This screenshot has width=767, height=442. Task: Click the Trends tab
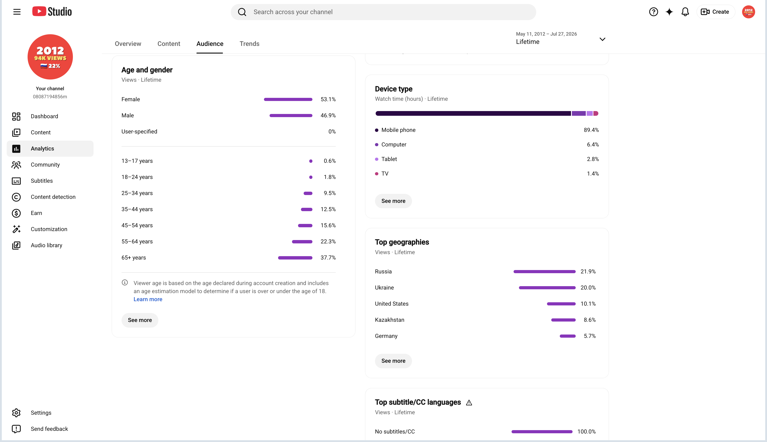[249, 44]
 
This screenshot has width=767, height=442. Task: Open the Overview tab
[128, 44]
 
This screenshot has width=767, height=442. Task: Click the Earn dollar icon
[16, 213]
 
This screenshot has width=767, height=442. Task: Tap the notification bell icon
[685, 12]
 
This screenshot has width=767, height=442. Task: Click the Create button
[715, 12]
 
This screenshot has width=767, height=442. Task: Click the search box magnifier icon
[242, 12]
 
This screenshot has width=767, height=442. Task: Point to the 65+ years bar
[295, 258]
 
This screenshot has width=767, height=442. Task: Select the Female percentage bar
[288, 99]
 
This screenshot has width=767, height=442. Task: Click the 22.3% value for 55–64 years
[328, 241]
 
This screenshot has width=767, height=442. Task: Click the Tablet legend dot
[377, 159]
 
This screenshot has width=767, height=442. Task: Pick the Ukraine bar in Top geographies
[547, 288]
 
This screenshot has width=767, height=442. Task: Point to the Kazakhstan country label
[389, 320]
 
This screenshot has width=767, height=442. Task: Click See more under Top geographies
[393, 361]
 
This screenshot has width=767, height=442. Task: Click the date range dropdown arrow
[602, 39]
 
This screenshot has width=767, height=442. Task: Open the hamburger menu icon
[17, 12]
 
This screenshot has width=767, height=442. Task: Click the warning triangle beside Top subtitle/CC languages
[469, 403]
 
